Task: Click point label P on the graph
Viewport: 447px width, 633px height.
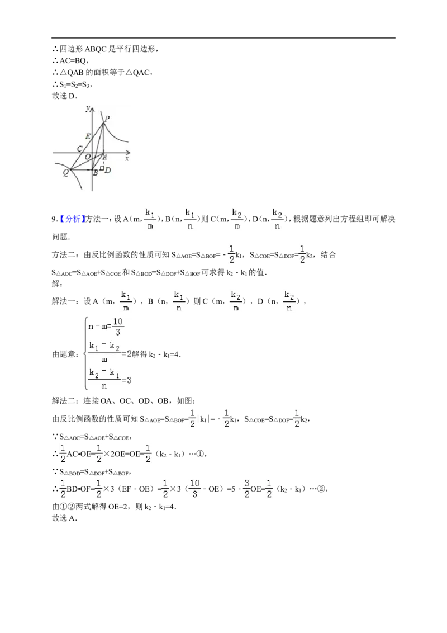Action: [107, 119]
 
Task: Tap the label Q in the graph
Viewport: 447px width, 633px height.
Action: [66, 172]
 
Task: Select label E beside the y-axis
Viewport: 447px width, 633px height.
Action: [88, 136]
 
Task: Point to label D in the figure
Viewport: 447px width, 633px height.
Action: [107, 171]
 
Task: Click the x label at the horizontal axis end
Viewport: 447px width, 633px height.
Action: [127, 159]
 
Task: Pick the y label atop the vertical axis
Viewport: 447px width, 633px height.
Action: [88, 108]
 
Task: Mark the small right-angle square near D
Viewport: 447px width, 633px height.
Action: [102, 167]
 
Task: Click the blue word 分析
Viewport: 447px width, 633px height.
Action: [73, 219]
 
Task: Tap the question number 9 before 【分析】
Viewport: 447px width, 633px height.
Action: [54, 219]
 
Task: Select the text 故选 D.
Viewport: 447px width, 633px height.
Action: [64, 96]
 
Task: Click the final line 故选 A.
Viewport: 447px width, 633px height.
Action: [64, 518]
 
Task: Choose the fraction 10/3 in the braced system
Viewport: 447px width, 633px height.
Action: [117, 327]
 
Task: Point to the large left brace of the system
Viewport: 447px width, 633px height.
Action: [85, 353]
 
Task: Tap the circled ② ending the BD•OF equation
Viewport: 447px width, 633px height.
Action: [321, 489]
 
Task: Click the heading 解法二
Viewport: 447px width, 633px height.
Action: [63, 401]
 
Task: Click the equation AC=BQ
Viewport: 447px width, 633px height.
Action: [73, 60]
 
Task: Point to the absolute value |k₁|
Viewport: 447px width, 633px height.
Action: [203, 419]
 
